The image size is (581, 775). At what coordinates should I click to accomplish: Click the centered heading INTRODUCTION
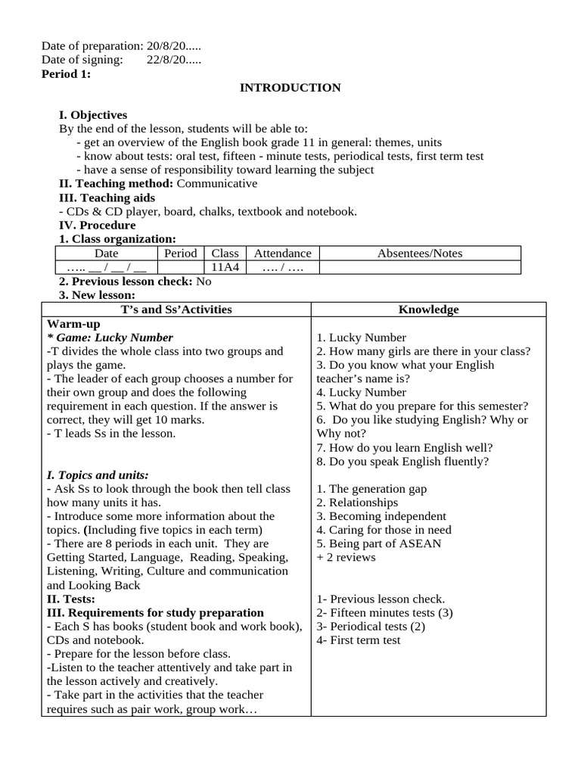click(290, 88)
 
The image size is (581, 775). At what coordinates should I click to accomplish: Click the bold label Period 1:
click(66, 74)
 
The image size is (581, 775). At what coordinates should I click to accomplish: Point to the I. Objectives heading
click(93, 115)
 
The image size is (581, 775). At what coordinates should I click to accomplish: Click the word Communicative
click(217, 184)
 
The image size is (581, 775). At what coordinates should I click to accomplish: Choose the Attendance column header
click(282, 254)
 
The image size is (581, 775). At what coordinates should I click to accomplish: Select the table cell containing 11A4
click(225, 267)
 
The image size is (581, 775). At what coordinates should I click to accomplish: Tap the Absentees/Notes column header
click(420, 254)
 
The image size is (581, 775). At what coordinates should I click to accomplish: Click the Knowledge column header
click(428, 310)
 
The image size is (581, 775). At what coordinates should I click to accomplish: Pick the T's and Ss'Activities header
click(176, 310)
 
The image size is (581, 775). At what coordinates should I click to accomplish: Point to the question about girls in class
click(424, 351)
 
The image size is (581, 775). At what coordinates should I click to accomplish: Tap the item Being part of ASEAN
click(379, 543)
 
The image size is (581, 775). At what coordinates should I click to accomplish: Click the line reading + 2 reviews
click(346, 558)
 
